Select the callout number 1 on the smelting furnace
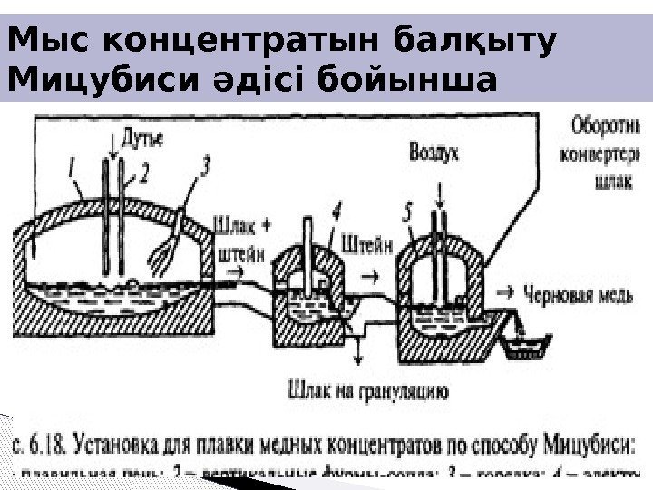tap(71, 167)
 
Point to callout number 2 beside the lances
tap(144, 171)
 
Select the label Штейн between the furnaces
tap(367, 243)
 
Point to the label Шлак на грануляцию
tap(366, 393)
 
